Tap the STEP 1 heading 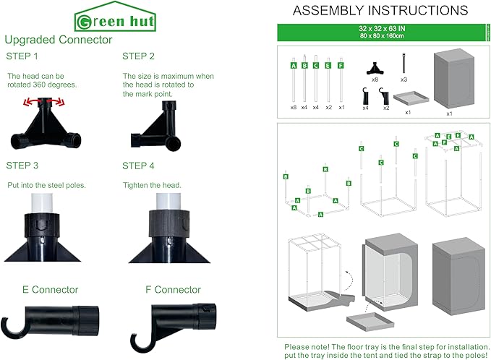[22, 56]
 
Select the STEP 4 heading [138, 166]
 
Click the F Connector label [173, 290]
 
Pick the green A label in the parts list [294, 64]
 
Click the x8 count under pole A [294, 107]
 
